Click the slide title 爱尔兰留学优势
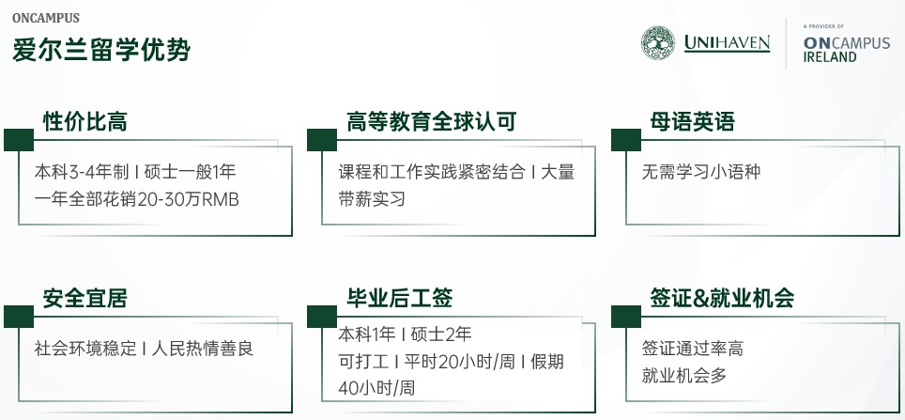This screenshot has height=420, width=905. (101, 50)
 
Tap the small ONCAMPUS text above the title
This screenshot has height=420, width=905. (46, 18)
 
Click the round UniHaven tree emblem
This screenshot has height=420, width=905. (658, 43)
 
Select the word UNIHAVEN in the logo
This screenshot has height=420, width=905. (727, 43)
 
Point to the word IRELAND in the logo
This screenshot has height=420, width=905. (830, 57)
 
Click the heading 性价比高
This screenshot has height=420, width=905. (84, 121)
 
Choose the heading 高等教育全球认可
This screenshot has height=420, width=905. (432, 121)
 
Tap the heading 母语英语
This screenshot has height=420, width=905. (692, 121)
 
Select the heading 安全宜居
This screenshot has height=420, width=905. (84, 299)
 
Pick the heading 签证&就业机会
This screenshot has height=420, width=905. (722, 299)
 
